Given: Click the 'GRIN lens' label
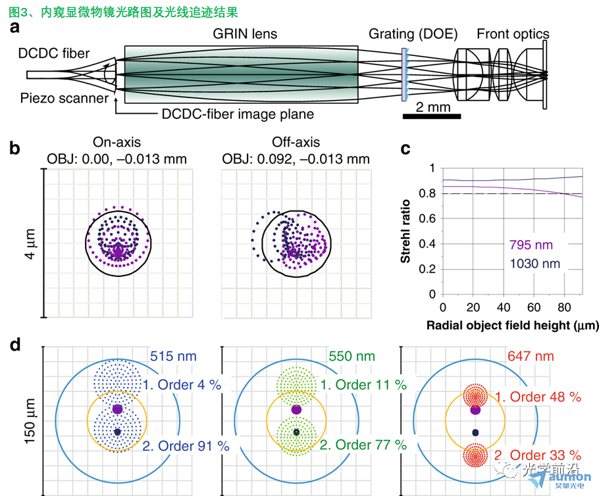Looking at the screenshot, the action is pyautogui.click(x=245, y=34).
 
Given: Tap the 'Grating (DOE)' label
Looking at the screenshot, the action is pyautogui.click(x=413, y=34).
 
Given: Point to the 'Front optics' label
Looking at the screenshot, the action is pyautogui.click(x=513, y=34).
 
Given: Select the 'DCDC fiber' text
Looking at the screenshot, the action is pyautogui.click(x=54, y=53).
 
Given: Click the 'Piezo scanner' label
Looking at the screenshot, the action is pyautogui.click(x=65, y=98).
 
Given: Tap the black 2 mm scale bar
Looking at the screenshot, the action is pyautogui.click(x=432, y=116).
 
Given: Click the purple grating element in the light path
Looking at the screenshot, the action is pyautogui.click(x=404, y=74).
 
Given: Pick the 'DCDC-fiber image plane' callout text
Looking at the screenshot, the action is pyautogui.click(x=238, y=114).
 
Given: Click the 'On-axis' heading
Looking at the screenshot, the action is pyautogui.click(x=117, y=142).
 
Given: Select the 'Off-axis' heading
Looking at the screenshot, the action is pyautogui.click(x=296, y=142).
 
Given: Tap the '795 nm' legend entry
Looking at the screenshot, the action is pyautogui.click(x=531, y=245).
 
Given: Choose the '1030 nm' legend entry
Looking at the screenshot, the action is pyautogui.click(x=534, y=264).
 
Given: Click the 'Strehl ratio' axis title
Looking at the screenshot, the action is pyautogui.click(x=405, y=232).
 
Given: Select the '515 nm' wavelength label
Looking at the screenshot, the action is pyautogui.click(x=173, y=357).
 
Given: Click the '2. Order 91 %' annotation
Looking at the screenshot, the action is pyautogui.click(x=186, y=446).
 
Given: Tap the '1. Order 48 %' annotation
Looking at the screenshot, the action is pyautogui.click(x=538, y=397).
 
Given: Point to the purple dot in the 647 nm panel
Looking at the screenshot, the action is pyautogui.click(x=475, y=410).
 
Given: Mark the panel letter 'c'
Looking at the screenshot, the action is pyautogui.click(x=405, y=149).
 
